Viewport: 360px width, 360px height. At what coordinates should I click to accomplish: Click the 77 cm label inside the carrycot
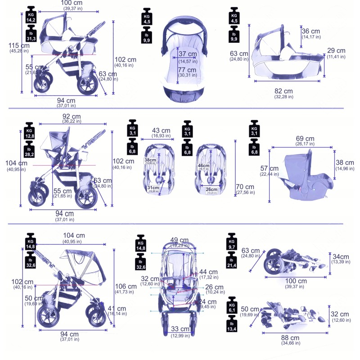click(x=187, y=70)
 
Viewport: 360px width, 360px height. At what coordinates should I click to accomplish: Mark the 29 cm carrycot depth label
click(x=337, y=50)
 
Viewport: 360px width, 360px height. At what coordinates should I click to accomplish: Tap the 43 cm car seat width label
click(x=162, y=130)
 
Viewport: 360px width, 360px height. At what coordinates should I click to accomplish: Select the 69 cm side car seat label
click(x=305, y=139)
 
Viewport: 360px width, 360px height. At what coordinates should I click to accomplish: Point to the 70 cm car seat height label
click(x=245, y=187)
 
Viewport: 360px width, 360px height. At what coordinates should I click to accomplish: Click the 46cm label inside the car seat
click(x=204, y=166)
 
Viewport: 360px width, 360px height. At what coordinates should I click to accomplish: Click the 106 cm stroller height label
click(x=126, y=286)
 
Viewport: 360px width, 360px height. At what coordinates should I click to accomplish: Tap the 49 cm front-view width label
click(x=180, y=240)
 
